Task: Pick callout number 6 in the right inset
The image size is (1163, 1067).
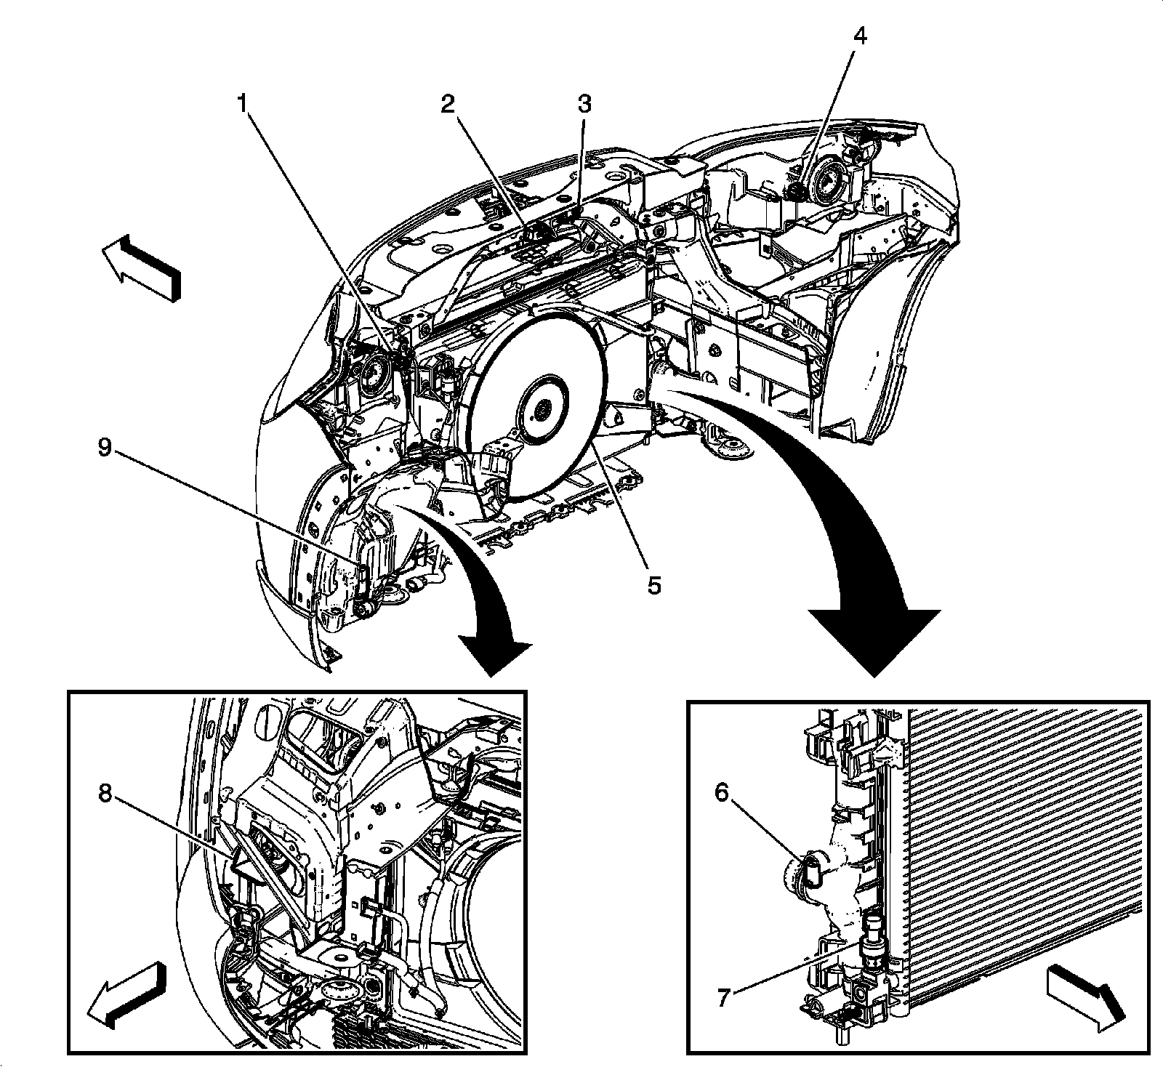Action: click(x=721, y=793)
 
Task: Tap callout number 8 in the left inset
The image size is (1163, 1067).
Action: click(x=106, y=794)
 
